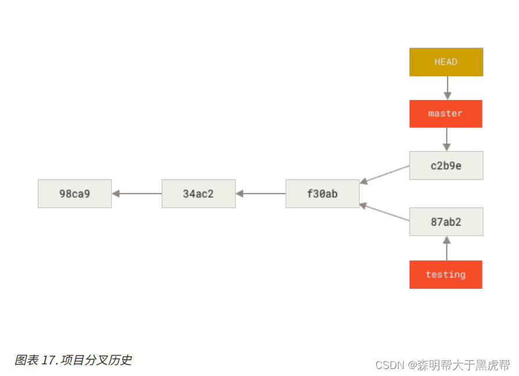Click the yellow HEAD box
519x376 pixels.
coord(446,62)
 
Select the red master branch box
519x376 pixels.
coord(446,114)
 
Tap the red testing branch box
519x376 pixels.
coord(446,274)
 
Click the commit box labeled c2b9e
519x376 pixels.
coord(446,166)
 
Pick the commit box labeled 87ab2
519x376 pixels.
coord(446,221)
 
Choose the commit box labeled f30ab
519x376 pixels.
coord(322,194)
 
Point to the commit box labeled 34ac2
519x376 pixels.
coord(198,194)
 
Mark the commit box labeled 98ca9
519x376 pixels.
coord(74,194)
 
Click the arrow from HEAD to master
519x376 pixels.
coord(447,88)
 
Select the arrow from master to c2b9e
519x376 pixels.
coord(447,139)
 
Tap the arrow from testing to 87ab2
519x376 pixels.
coord(447,248)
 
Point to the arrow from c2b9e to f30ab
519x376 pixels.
coord(385,174)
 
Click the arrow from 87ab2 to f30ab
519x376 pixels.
coord(385,212)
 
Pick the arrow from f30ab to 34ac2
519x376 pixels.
coord(261,194)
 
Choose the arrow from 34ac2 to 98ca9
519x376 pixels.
coord(137,194)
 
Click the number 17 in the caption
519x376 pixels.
coord(48,360)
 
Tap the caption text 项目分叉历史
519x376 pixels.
coord(97,360)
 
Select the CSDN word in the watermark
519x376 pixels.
coord(390,365)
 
